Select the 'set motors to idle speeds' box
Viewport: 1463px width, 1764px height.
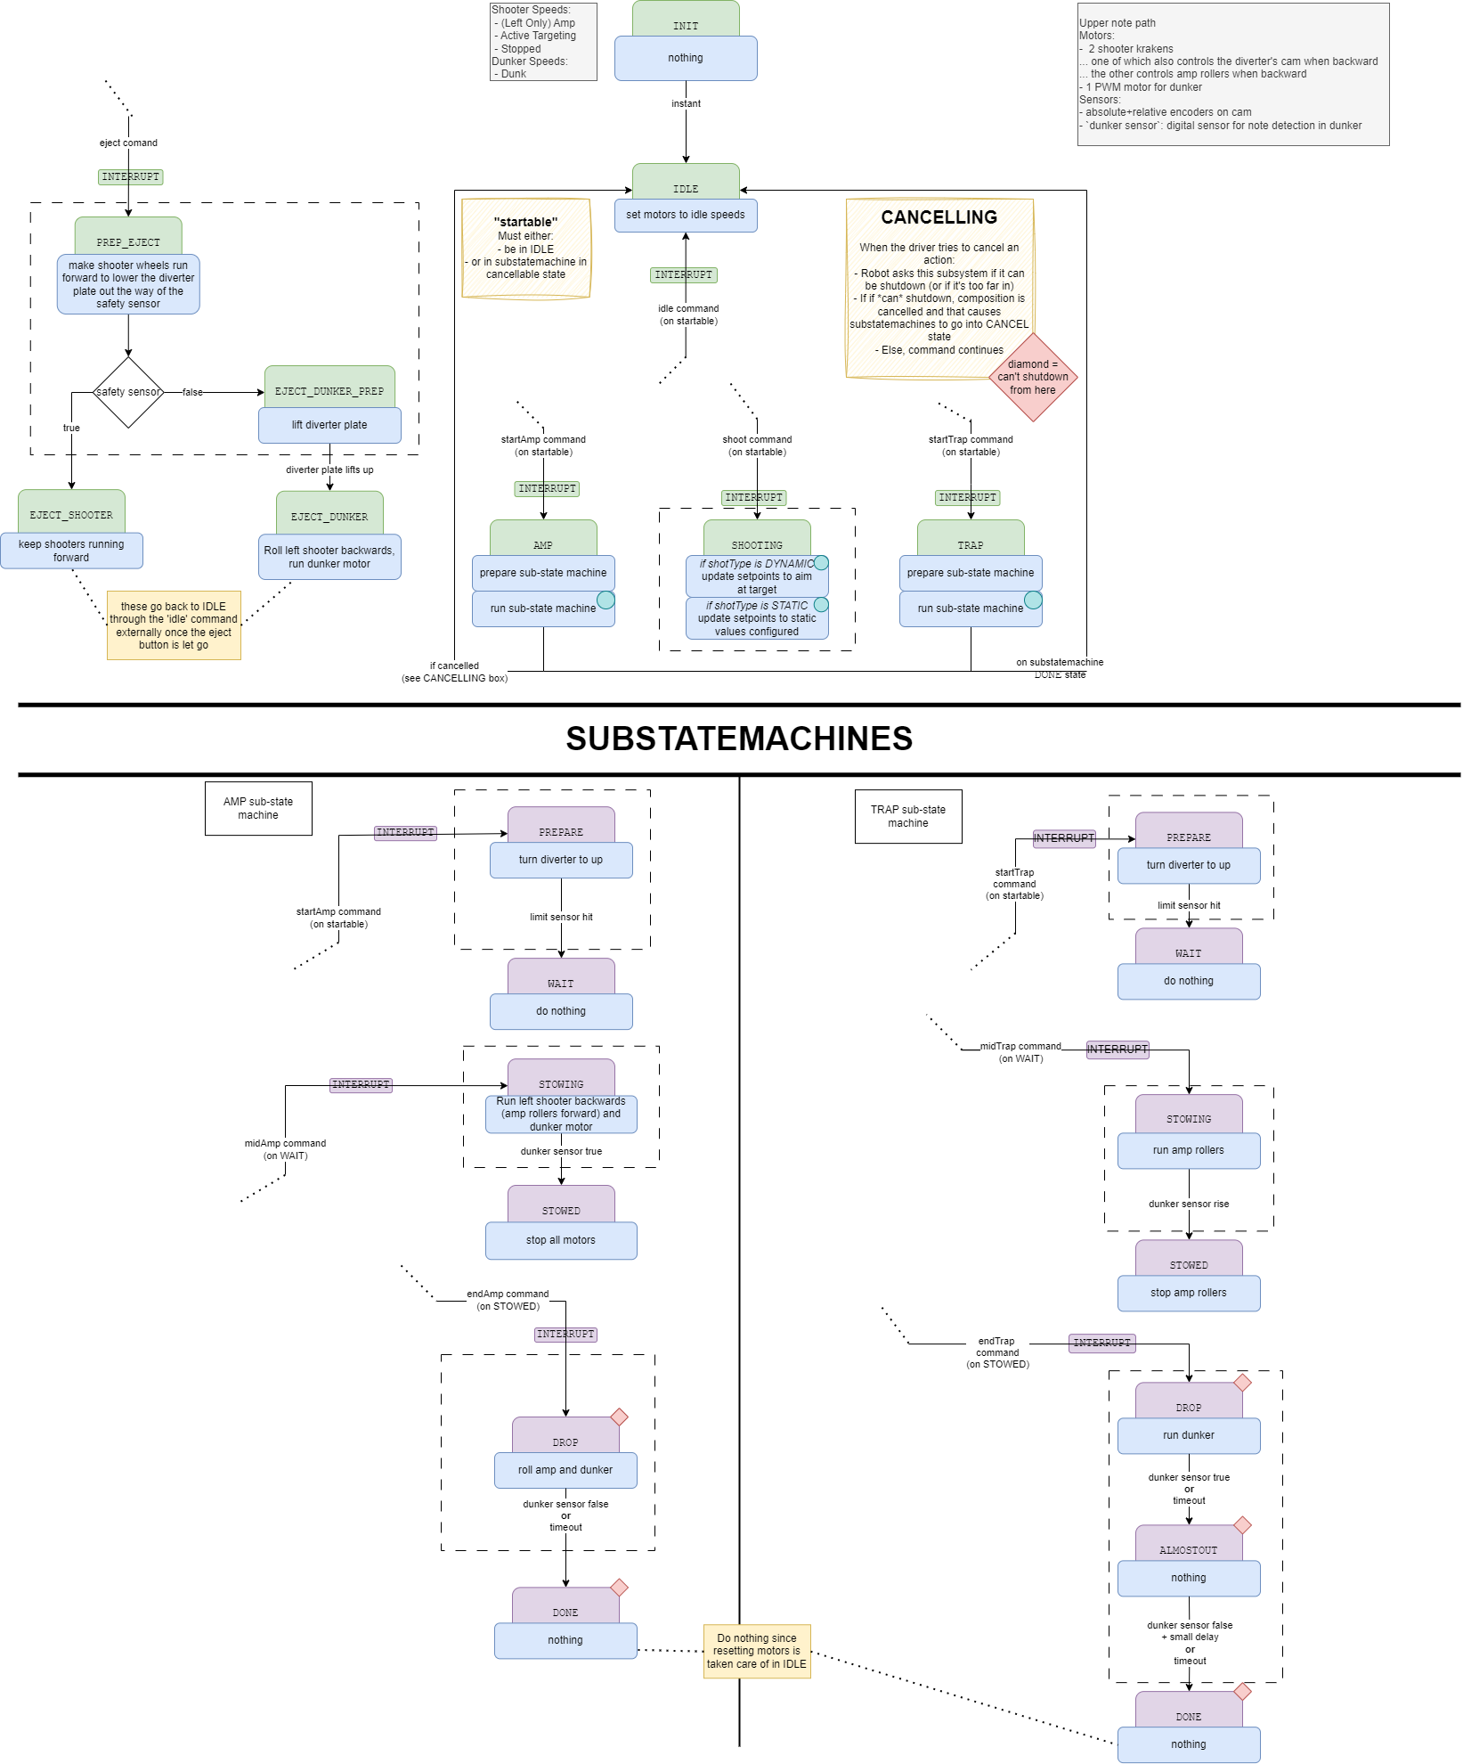(x=685, y=216)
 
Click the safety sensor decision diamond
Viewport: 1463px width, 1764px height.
(x=128, y=392)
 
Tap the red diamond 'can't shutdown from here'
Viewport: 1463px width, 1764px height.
(x=1033, y=377)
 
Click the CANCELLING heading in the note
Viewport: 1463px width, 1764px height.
(x=939, y=217)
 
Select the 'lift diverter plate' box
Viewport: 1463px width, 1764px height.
(x=329, y=425)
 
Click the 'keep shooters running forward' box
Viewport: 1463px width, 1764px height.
(x=71, y=551)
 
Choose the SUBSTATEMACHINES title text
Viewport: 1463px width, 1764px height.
(x=738, y=739)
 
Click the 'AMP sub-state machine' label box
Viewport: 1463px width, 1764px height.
(x=258, y=808)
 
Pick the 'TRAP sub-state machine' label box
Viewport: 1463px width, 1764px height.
(x=907, y=816)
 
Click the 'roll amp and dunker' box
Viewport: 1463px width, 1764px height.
(x=565, y=1470)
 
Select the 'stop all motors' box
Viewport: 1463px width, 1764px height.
(x=560, y=1240)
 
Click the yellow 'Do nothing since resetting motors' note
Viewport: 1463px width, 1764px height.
(x=756, y=1651)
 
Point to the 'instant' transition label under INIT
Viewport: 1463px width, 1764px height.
(x=686, y=104)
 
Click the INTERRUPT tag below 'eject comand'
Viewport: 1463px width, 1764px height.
(x=130, y=177)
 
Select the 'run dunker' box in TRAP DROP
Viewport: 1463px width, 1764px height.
(x=1188, y=1435)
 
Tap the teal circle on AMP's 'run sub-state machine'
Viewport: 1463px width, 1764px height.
(x=606, y=600)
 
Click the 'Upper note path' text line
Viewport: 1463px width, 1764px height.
(x=1117, y=23)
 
